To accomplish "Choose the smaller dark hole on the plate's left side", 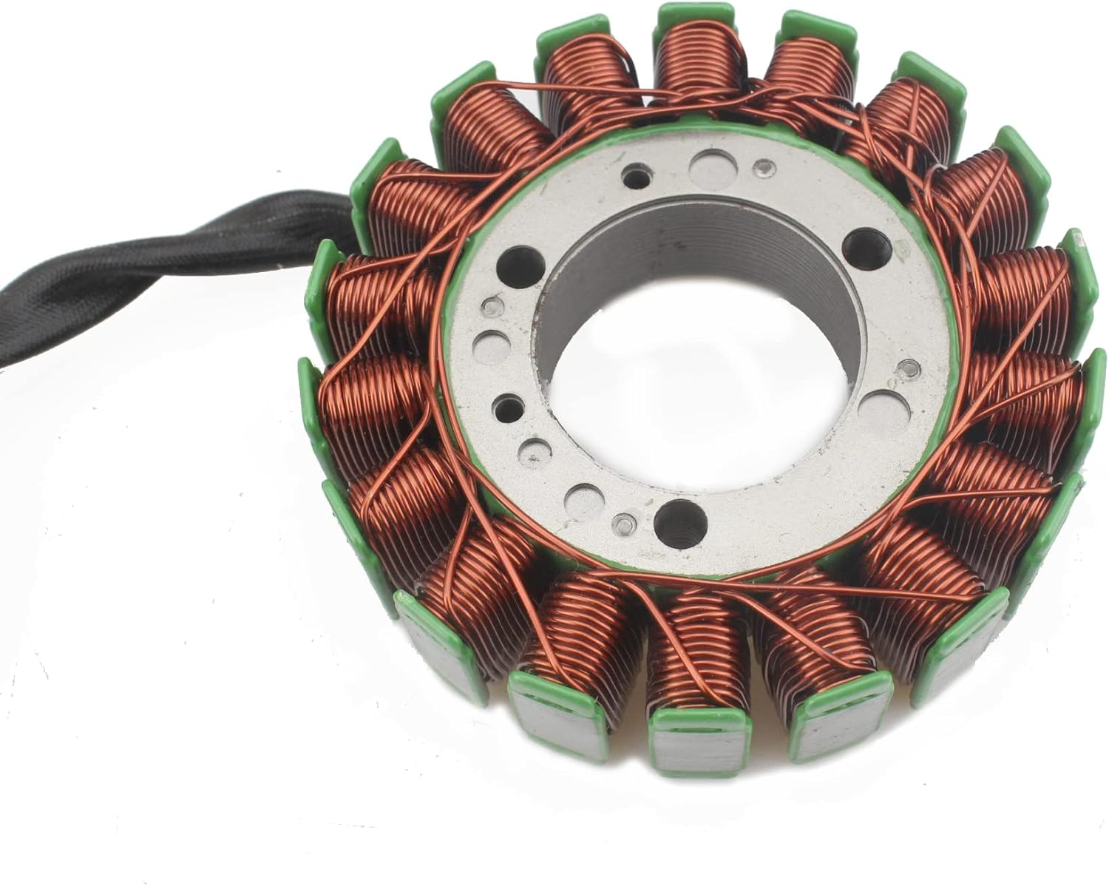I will (504, 405).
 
